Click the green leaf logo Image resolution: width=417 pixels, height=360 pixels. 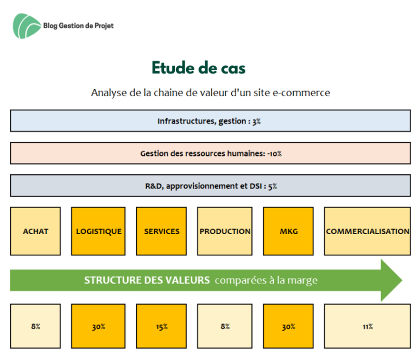coord(27,26)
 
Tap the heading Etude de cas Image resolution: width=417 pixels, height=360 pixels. coord(198,68)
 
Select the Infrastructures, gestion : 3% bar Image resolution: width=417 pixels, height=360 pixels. coord(210,121)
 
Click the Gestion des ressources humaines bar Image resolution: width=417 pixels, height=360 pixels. coord(210,154)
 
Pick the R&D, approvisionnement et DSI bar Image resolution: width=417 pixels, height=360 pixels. coord(210,186)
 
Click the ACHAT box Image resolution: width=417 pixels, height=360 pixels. coord(35,231)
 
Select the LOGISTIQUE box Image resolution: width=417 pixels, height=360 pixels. coord(98,231)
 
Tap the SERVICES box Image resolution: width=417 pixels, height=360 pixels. coord(161,231)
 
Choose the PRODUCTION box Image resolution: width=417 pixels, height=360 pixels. coord(225,231)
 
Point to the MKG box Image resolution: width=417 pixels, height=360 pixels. coord(288,231)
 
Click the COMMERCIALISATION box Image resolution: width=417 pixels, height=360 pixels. coord(367,231)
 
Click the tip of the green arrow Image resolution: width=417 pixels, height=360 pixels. coord(402,280)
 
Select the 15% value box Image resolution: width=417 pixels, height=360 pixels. coord(161,326)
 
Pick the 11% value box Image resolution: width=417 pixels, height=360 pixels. coord(367,326)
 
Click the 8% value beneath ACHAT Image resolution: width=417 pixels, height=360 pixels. coord(36,326)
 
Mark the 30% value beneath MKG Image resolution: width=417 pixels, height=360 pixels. coord(288,326)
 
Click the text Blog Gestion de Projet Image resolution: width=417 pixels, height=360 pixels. coord(78,26)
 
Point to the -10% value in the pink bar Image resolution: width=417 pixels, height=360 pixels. coord(274,154)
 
